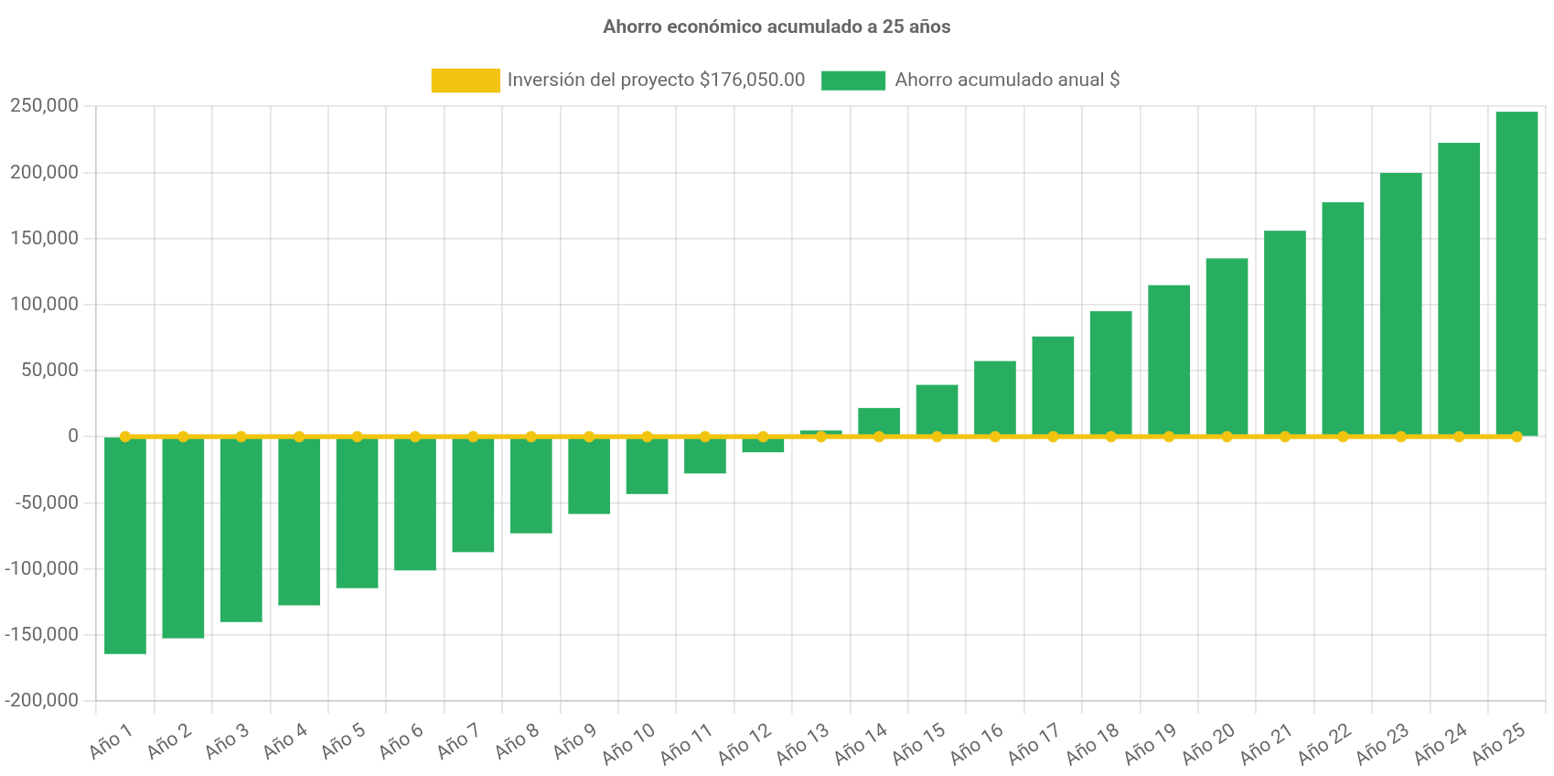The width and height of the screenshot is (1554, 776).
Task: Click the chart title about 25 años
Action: pyautogui.click(x=777, y=27)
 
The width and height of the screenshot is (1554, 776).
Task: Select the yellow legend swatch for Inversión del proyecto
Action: pyautogui.click(x=465, y=81)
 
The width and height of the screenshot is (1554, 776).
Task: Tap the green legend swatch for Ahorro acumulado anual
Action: pyautogui.click(x=852, y=81)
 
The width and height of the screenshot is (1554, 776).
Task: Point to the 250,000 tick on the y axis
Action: pyautogui.click(x=44, y=106)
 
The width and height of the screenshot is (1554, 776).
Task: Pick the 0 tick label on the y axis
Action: pyautogui.click(x=73, y=436)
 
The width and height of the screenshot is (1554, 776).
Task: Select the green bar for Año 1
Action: pyautogui.click(x=125, y=545)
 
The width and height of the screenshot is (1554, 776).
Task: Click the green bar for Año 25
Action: pyautogui.click(x=1516, y=274)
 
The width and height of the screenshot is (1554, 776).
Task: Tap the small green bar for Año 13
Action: pyautogui.click(x=820, y=432)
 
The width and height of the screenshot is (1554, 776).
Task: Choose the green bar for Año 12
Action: pyautogui.click(x=763, y=446)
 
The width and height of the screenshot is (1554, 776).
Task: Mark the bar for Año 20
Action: pyautogui.click(x=1227, y=347)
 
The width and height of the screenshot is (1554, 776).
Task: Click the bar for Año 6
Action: pyautogui.click(x=415, y=504)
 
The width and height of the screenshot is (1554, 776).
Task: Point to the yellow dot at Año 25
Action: pyautogui.click(x=1516, y=436)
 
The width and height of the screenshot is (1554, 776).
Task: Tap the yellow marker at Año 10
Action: pyautogui.click(x=647, y=436)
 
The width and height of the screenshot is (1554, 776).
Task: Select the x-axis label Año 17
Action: pyautogui.click(x=1034, y=743)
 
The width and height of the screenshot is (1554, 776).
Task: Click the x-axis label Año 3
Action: pyautogui.click(x=227, y=741)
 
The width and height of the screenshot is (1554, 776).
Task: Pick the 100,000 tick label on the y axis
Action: pyautogui.click(x=44, y=304)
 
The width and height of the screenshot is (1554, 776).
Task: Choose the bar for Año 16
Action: pyautogui.click(x=994, y=398)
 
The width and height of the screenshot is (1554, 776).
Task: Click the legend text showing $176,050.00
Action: pyautogui.click(x=656, y=81)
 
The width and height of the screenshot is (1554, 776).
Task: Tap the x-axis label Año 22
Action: pyautogui.click(x=1324, y=743)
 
